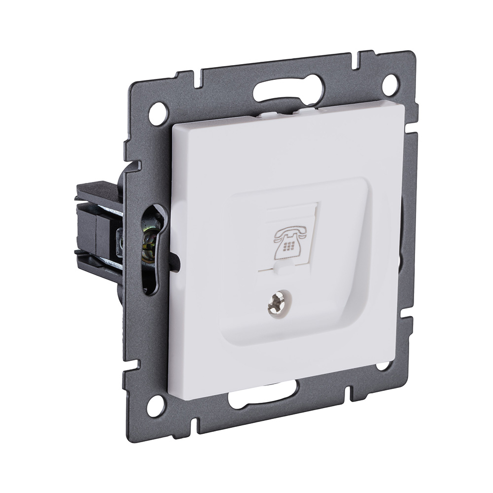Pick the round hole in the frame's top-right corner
click(390, 84)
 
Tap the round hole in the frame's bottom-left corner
click(156, 405)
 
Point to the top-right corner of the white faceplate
click(403, 106)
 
